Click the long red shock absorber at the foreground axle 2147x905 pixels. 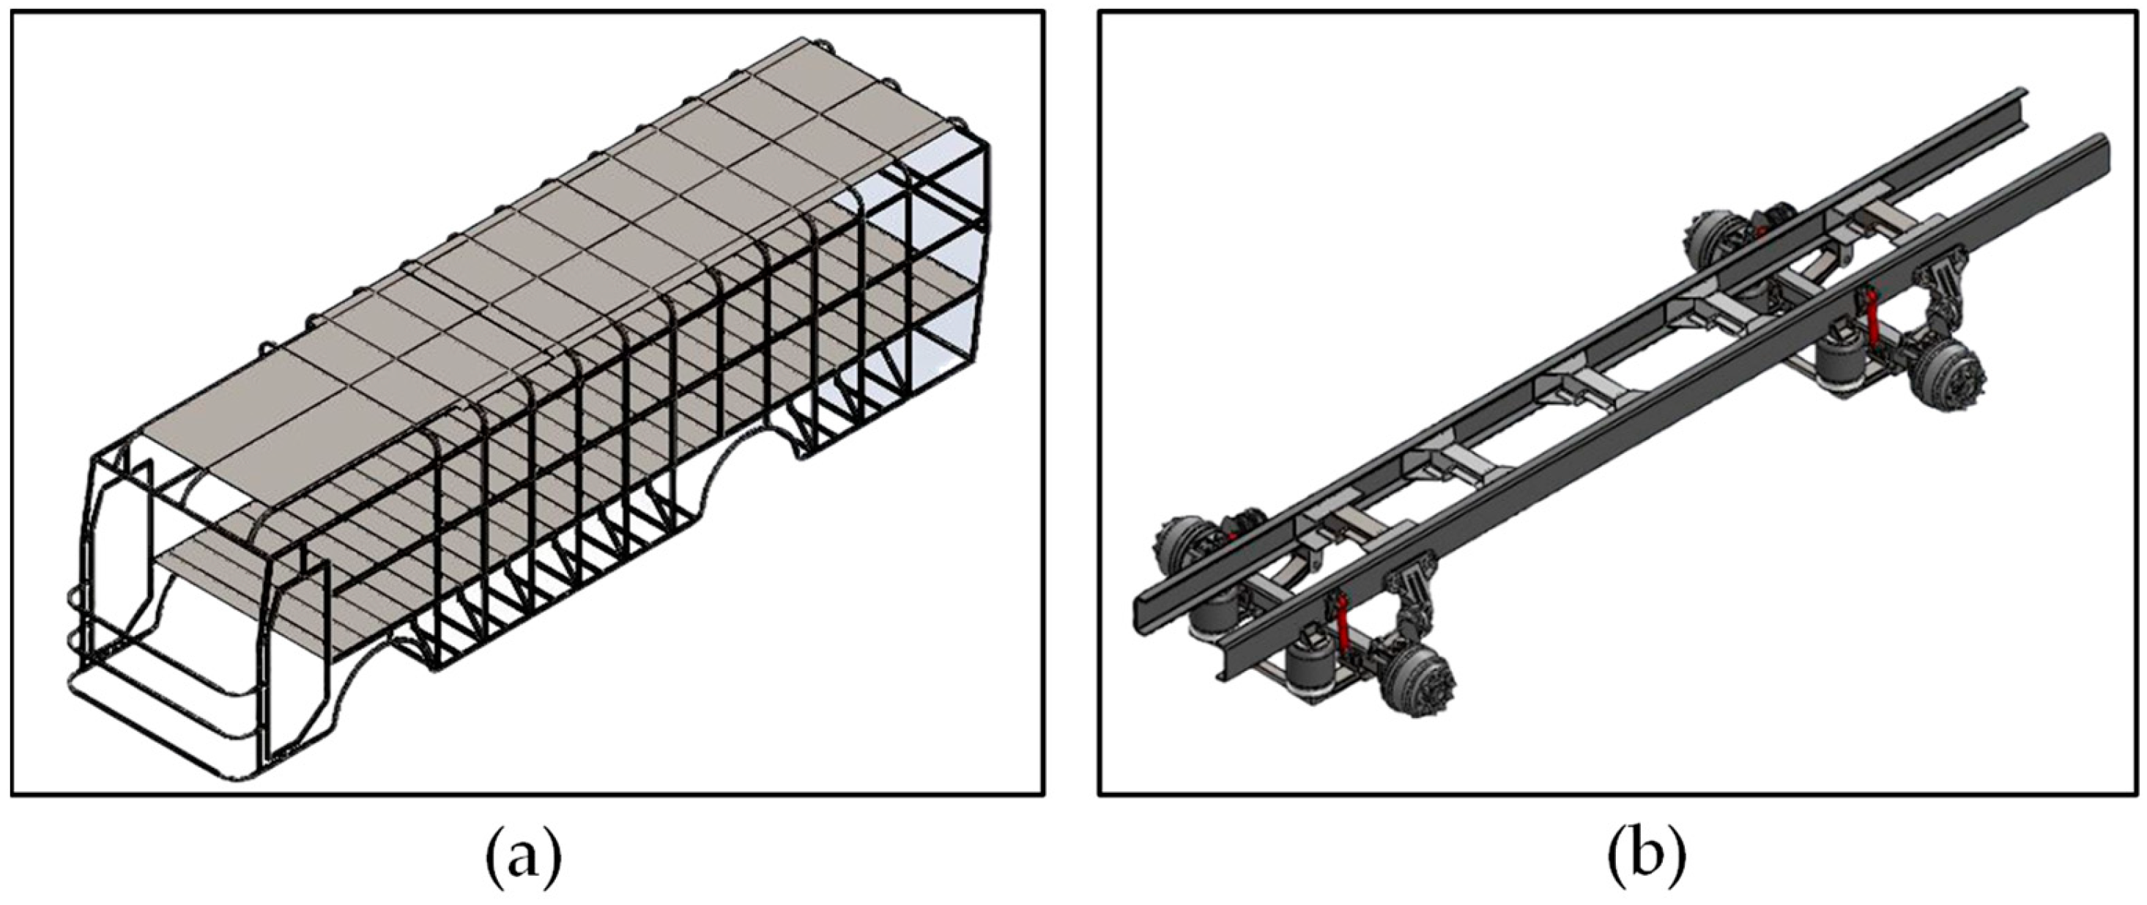click(1343, 631)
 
